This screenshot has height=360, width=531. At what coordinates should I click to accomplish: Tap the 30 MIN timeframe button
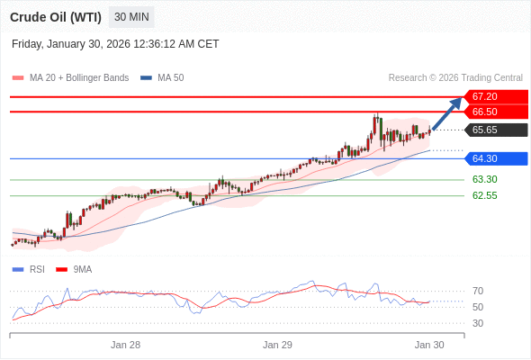point(131,17)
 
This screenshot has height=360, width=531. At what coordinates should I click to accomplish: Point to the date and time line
point(115,44)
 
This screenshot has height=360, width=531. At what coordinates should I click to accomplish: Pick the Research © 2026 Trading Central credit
point(455,78)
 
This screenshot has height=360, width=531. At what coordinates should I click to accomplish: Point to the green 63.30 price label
point(485,179)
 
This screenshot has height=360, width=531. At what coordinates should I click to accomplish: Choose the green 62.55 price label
point(485,195)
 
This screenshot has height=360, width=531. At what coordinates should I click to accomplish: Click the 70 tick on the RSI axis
point(478,291)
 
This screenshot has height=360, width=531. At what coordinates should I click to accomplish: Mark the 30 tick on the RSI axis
point(478,323)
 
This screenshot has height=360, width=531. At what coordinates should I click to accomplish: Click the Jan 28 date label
point(126,345)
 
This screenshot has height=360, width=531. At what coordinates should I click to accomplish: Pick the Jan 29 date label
point(278,345)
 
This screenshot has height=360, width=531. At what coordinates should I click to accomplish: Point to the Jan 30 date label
point(429,345)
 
